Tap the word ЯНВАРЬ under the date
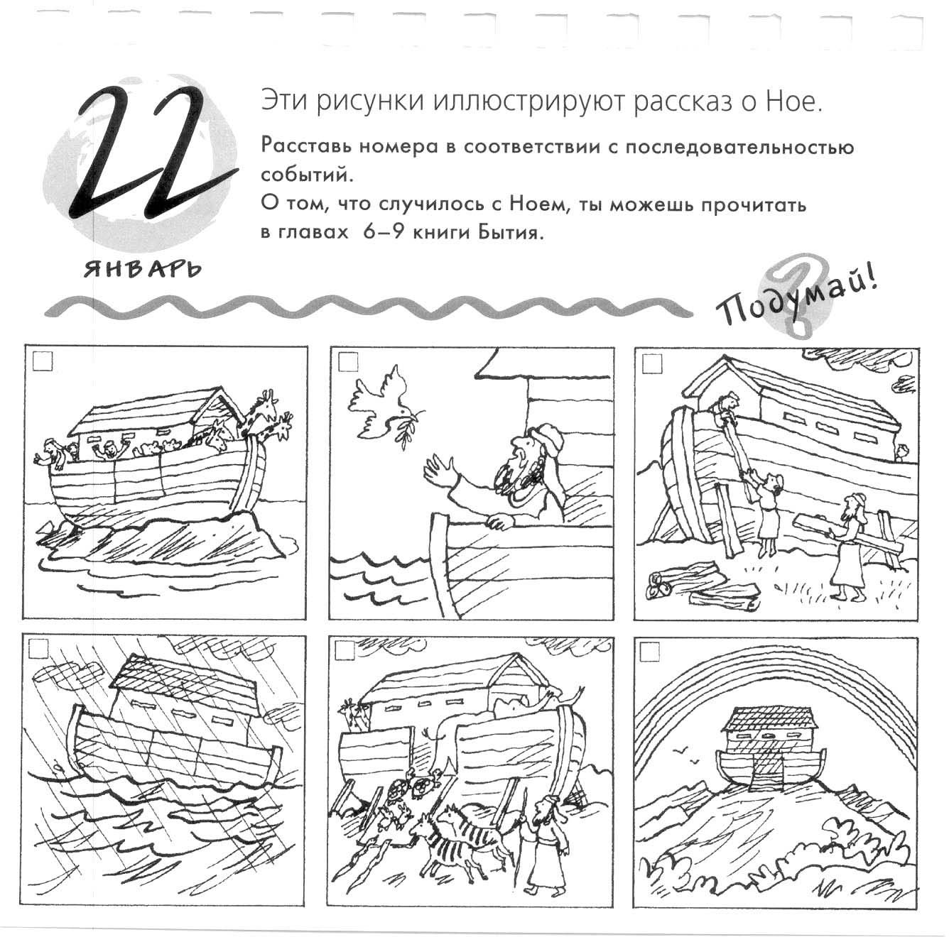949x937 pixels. (141, 269)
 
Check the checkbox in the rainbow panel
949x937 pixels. (650, 652)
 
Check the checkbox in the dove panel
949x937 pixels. (347, 363)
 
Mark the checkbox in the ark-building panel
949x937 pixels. (652, 364)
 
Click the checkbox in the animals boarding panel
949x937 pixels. (347, 650)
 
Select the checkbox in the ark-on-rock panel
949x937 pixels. (43, 363)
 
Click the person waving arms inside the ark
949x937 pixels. (107, 450)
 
